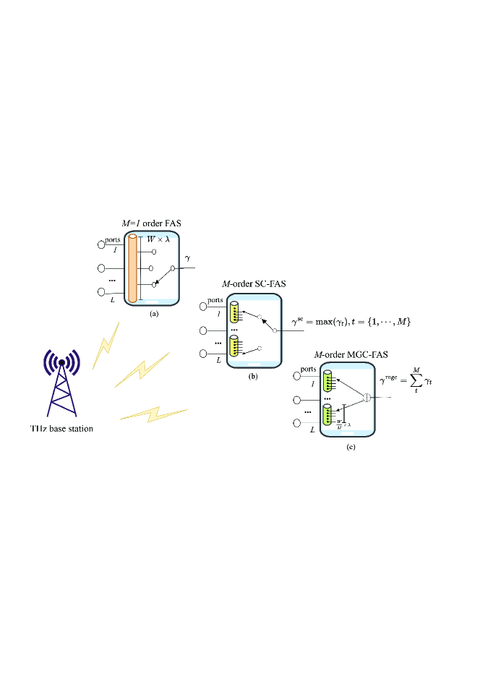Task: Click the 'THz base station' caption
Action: (x=56, y=429)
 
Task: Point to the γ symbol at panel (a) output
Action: (x=187, y=258)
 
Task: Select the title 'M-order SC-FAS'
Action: (x=254, y=283)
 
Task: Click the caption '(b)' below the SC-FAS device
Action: (x=253, y=377)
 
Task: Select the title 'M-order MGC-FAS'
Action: (x=351, y=354)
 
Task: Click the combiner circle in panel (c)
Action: (x=367, y=398)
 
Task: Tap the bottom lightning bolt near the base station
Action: (x=153, y=414)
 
